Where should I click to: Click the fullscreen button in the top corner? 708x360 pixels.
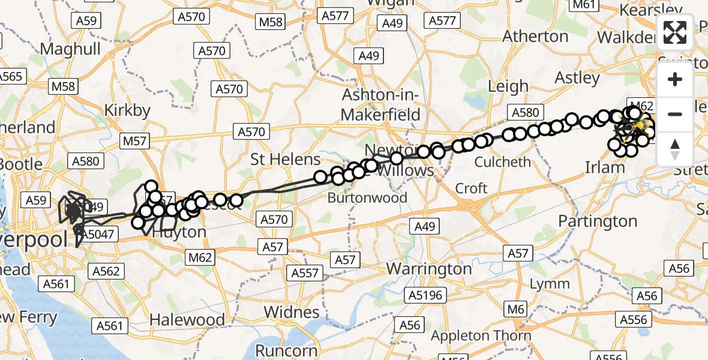(x=675, y=32)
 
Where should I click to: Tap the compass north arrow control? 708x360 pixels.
(x=675, y=149)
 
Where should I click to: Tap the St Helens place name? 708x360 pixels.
(x=286, y=160)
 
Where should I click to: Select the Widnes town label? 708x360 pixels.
(x=293, y=312)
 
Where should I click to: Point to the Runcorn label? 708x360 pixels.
(x=287, y=350)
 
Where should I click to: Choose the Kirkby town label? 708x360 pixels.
(x=127, y=110)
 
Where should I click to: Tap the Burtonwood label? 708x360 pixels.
(x=368, y=197)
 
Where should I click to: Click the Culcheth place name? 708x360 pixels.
(x=503, y=162)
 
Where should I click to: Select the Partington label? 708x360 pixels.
(x=597, y=221)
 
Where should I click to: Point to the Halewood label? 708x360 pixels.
(x=187, y=319)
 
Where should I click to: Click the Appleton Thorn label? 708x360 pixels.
(x=481, y=335)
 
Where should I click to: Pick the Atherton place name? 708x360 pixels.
(x=535, y=37)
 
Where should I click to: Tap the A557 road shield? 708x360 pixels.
(x=305, y=273)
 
